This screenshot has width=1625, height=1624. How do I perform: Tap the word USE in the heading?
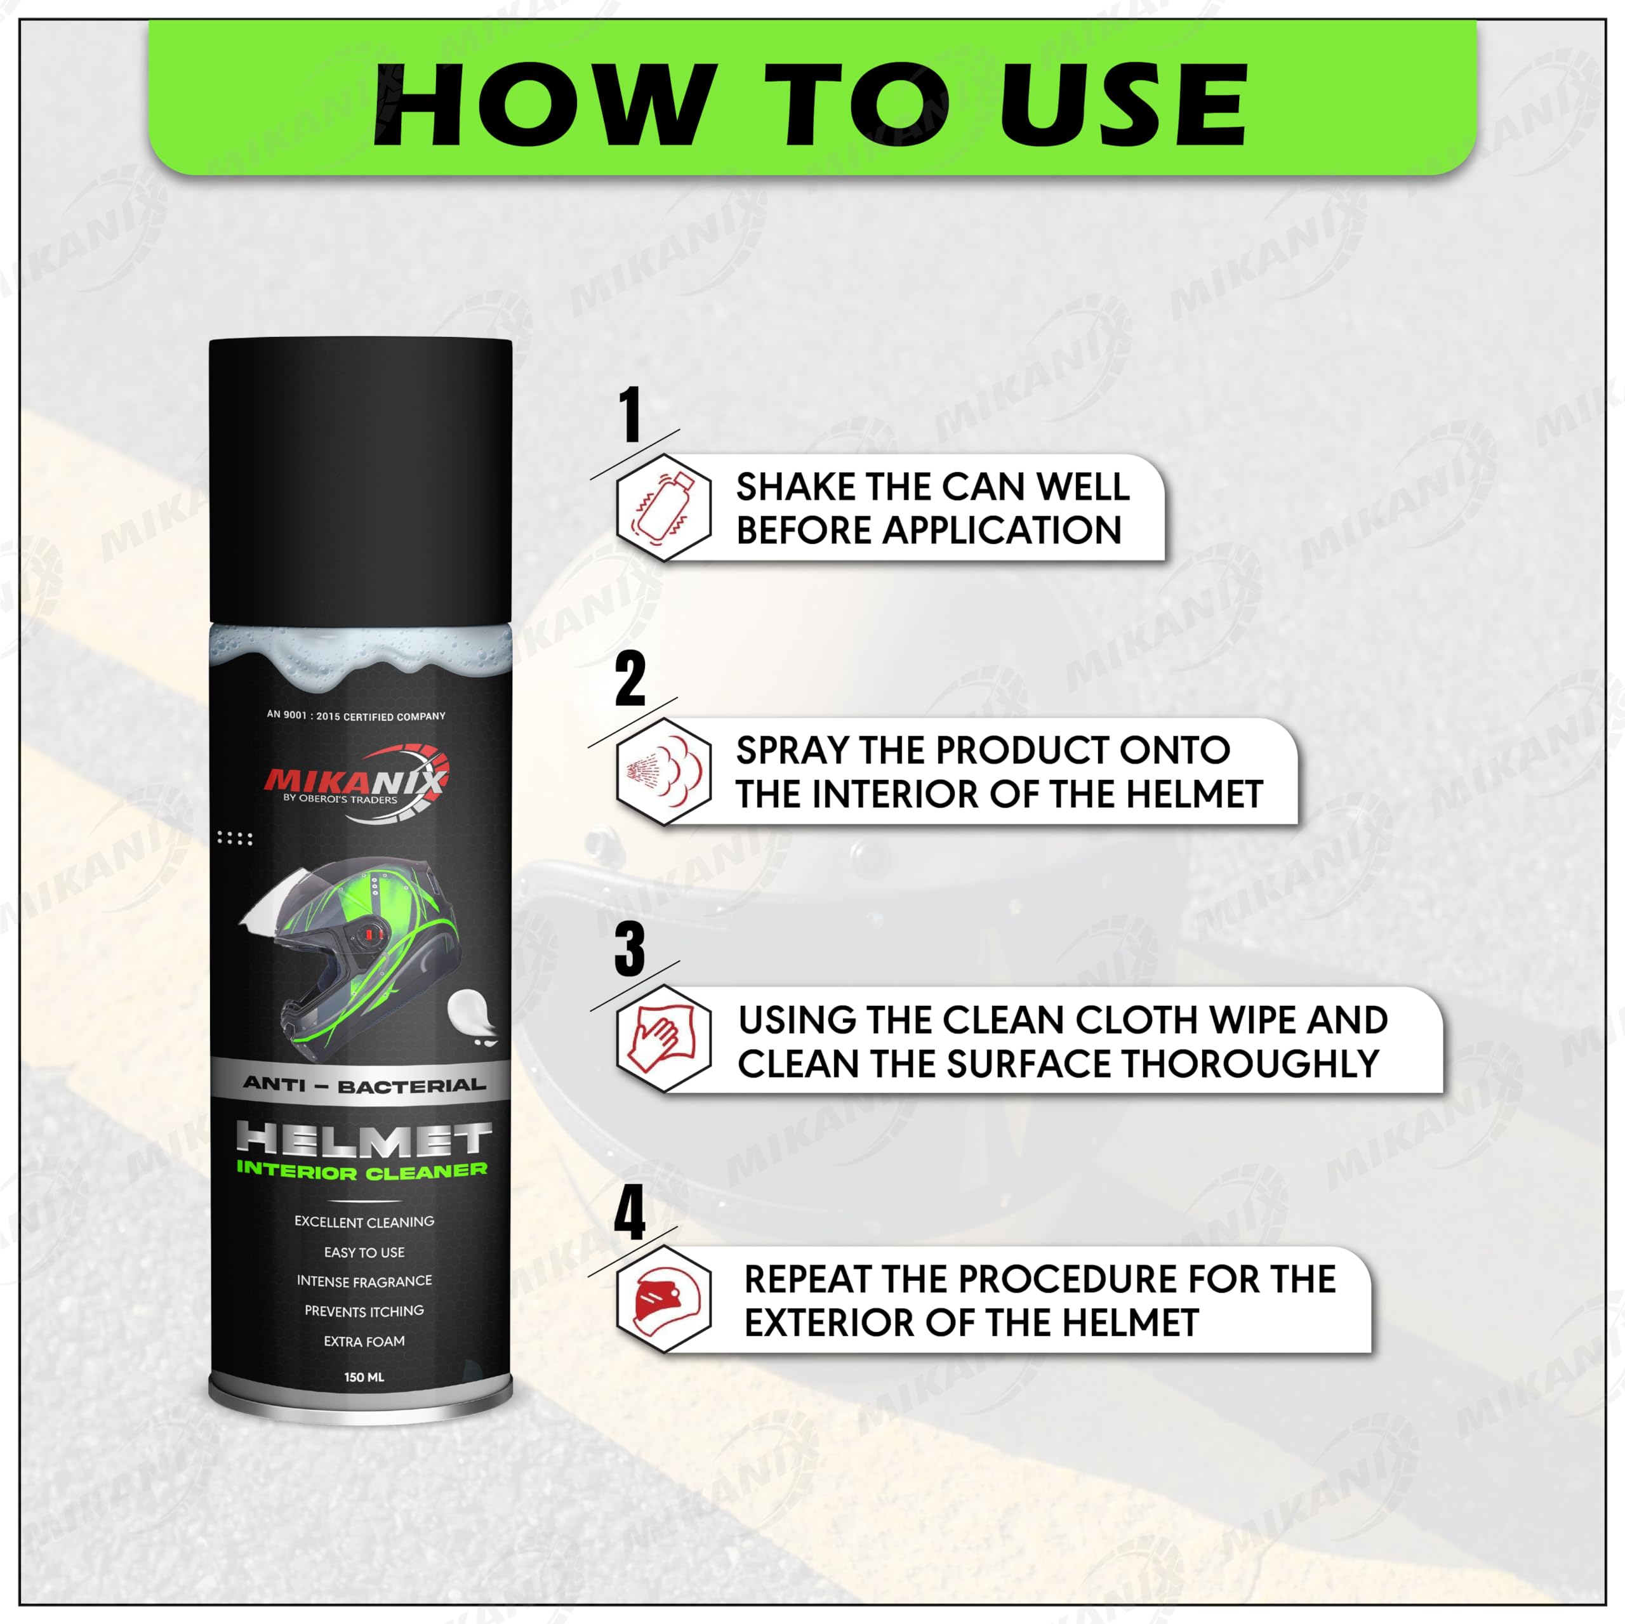coord(1122,106)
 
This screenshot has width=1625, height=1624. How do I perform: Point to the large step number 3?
coord(630,949)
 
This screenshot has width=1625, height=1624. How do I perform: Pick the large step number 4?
coord(630,1213)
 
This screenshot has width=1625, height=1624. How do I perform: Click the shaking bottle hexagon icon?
coord(663,507)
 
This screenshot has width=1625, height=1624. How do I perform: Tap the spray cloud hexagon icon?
coord(663,771)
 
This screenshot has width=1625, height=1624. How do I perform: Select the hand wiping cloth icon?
coord(663,1040)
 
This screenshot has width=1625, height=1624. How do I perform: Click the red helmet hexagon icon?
coord(663,1300)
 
